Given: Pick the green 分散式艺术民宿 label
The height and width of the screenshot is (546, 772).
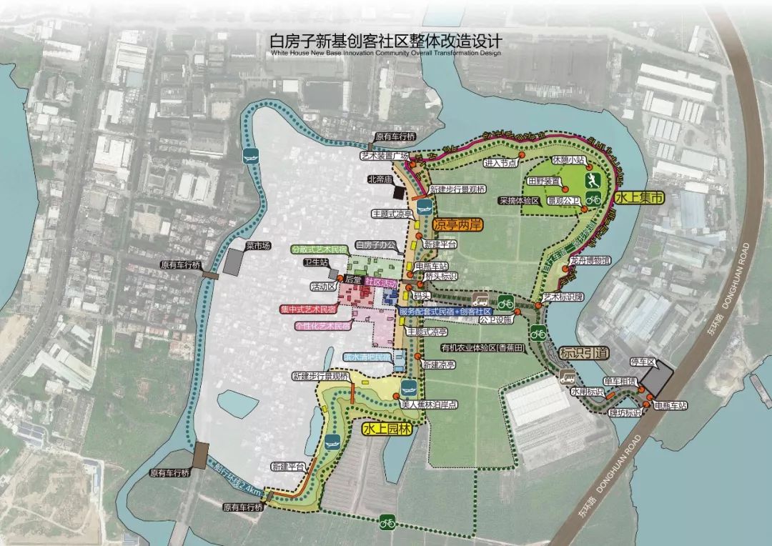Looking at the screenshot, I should click(320, 249).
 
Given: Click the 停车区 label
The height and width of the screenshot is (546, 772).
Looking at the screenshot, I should click(646, 362).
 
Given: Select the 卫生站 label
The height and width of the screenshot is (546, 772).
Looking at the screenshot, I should click(315, 263).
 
